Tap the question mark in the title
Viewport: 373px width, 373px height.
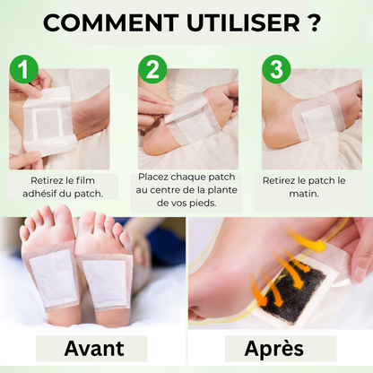[x=312, y=22]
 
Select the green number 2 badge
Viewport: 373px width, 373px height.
[x=151, y=68]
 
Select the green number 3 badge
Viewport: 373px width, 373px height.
[x=274, y=68]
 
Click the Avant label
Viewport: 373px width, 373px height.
[x=95, y=348]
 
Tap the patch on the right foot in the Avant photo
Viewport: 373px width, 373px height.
[x=108, y=280]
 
